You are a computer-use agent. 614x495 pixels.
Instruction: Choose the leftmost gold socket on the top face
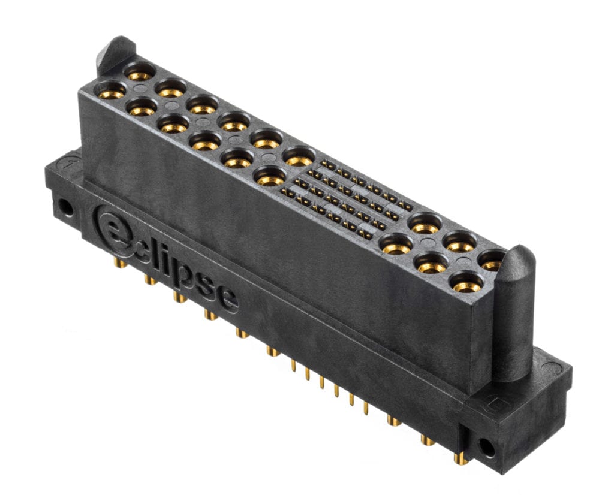111,92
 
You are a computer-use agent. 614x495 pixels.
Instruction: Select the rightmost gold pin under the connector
460,458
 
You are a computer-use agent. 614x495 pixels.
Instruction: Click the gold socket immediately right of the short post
140,73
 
